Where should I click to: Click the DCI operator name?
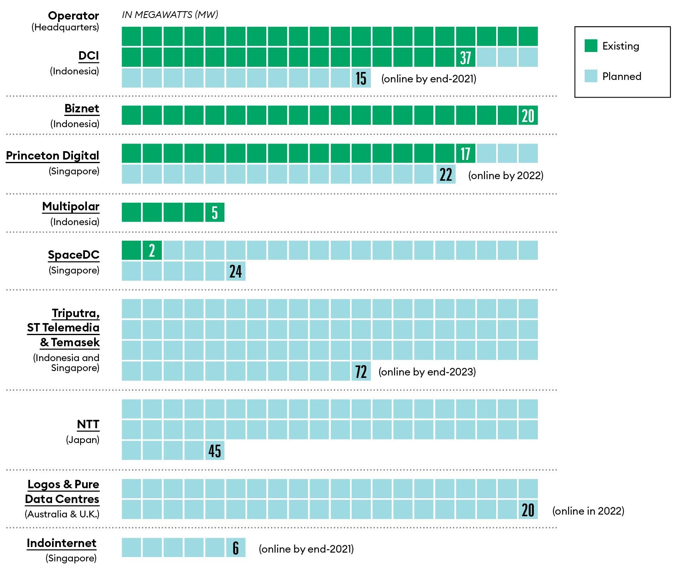(89, 56)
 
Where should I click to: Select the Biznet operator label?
(82, 109)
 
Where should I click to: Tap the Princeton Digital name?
(52, 156)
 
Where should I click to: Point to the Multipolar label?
(71, 207)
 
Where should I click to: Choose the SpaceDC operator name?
(74, 255)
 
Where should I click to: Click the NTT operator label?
(88, 424)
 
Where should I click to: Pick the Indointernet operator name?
(62, 543)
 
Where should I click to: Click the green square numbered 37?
(465, 58)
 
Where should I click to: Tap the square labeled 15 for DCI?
(361, 78)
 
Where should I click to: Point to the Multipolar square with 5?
(215, 212)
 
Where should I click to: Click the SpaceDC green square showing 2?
(152, 251)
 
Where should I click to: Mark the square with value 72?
(361, 371)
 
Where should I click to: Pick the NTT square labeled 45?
(215, 451)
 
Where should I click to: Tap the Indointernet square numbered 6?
(235, 548)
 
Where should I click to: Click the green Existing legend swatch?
(591, 46)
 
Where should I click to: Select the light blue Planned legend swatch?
(591, 76)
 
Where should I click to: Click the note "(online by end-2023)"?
(427, 372)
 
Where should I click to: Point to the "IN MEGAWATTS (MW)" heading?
(170, 15)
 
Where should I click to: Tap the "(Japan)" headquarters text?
(82, 440)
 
